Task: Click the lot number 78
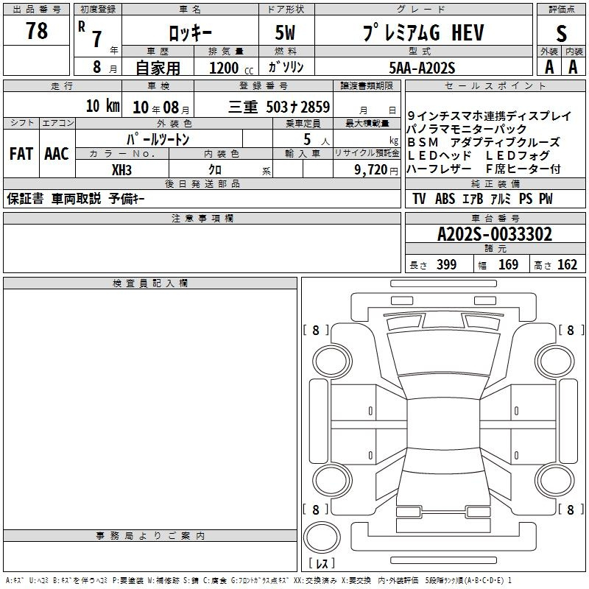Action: coord(36,30)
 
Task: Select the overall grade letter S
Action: coord(561,33)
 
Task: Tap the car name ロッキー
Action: coord(190,33)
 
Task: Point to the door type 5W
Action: coord(285,32)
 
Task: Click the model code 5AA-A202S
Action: coord(422,68)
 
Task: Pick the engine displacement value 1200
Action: coord(224,68)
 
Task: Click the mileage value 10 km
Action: coord(103,106)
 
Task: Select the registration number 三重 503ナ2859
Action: coord(279,107)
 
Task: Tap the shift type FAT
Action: coord(21,154)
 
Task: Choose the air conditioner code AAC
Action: coord(57,154)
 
